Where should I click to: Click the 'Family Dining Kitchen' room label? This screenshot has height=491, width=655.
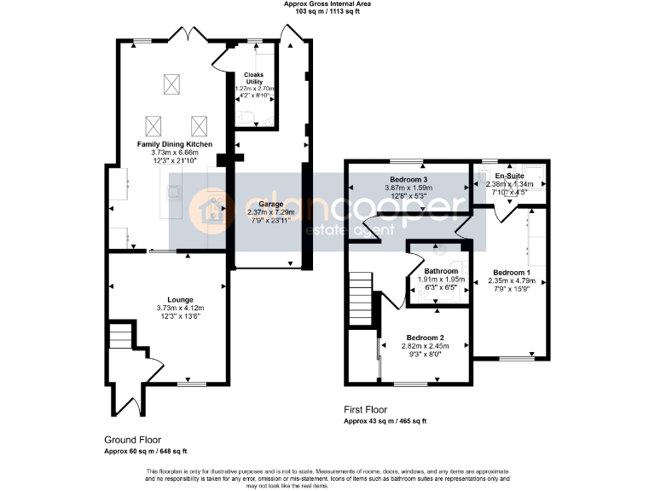pyautogui.click(x=175, y=145)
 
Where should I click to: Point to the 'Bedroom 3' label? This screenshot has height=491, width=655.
pyautogui.click(x=409, y=180)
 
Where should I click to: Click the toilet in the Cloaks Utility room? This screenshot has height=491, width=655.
pyautogui.click(x=244, y=118)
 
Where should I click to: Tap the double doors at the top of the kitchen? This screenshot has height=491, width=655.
pyautogui.click(x=188, y=36)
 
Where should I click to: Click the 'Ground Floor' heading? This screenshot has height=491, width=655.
pyautogui.click(x=128, y=441)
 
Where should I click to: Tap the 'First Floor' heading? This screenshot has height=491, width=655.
pyautogui.click(x=368, y=410)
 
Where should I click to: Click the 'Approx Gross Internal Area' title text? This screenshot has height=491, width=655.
pyautogui.click(x=327, y=4)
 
